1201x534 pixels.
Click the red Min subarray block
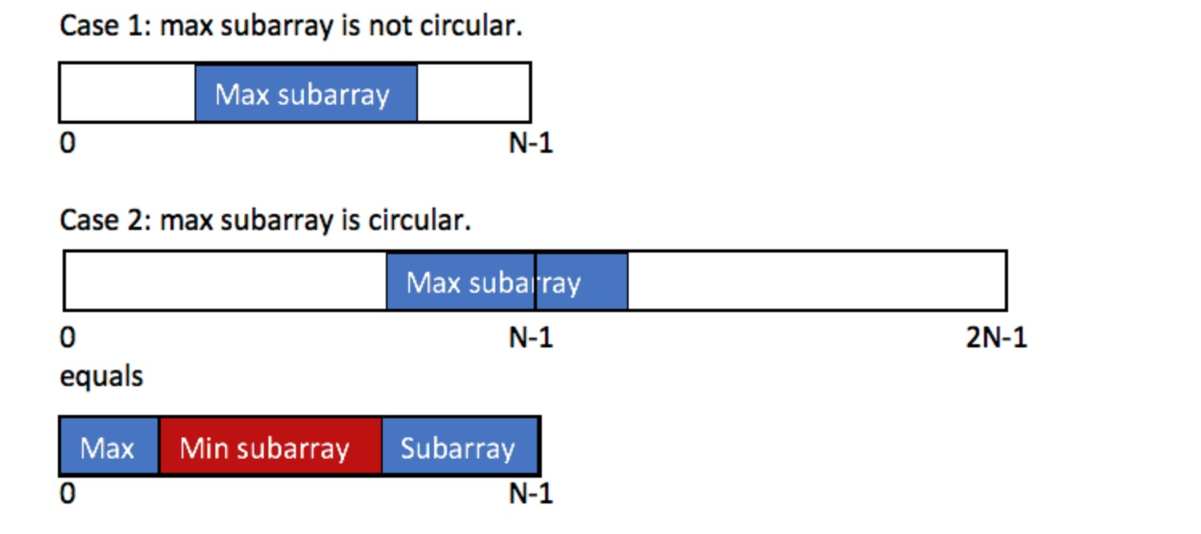coord(270,446)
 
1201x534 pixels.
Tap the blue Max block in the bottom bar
coord(109,446)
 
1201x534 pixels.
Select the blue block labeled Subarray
coord(459,446)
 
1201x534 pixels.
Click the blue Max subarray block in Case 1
coord(305,93)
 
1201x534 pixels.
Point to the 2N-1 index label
coord(996,338)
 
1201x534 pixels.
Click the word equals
coord(101,376)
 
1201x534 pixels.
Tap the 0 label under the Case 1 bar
coord(68,144)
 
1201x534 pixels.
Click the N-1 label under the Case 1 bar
coord(531,144)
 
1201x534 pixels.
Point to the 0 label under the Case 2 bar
coord(68,338)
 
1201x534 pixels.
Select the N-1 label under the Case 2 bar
coord(531,338)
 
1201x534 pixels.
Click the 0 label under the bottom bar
coord(68,493)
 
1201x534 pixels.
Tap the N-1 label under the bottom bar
coord(531,493)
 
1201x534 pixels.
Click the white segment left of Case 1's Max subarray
coord(128,93)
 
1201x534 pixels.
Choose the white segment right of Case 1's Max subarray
coord(473,93)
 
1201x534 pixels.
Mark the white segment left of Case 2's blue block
coord(225,281)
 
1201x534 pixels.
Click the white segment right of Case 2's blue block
coord(816,281)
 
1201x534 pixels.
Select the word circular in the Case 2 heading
coord(419,220)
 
